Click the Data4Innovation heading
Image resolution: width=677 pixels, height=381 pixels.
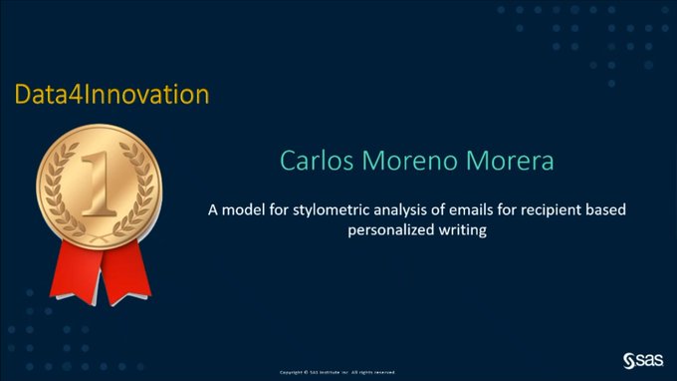112,95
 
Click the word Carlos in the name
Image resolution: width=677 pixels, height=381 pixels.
313,161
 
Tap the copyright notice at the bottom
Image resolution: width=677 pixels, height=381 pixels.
338,372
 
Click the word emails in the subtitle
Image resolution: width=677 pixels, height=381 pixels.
471,210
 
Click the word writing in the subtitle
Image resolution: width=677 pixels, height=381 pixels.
464,229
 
